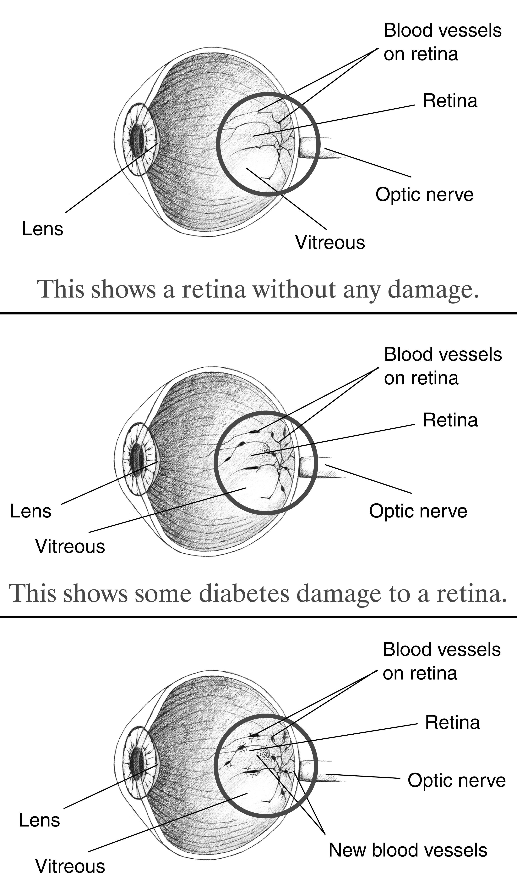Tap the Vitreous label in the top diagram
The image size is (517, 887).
point(330,243)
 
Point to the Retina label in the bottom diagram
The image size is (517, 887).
point(452,723)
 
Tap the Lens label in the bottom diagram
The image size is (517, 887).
point(39,820)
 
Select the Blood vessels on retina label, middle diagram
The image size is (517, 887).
point(443,366)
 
